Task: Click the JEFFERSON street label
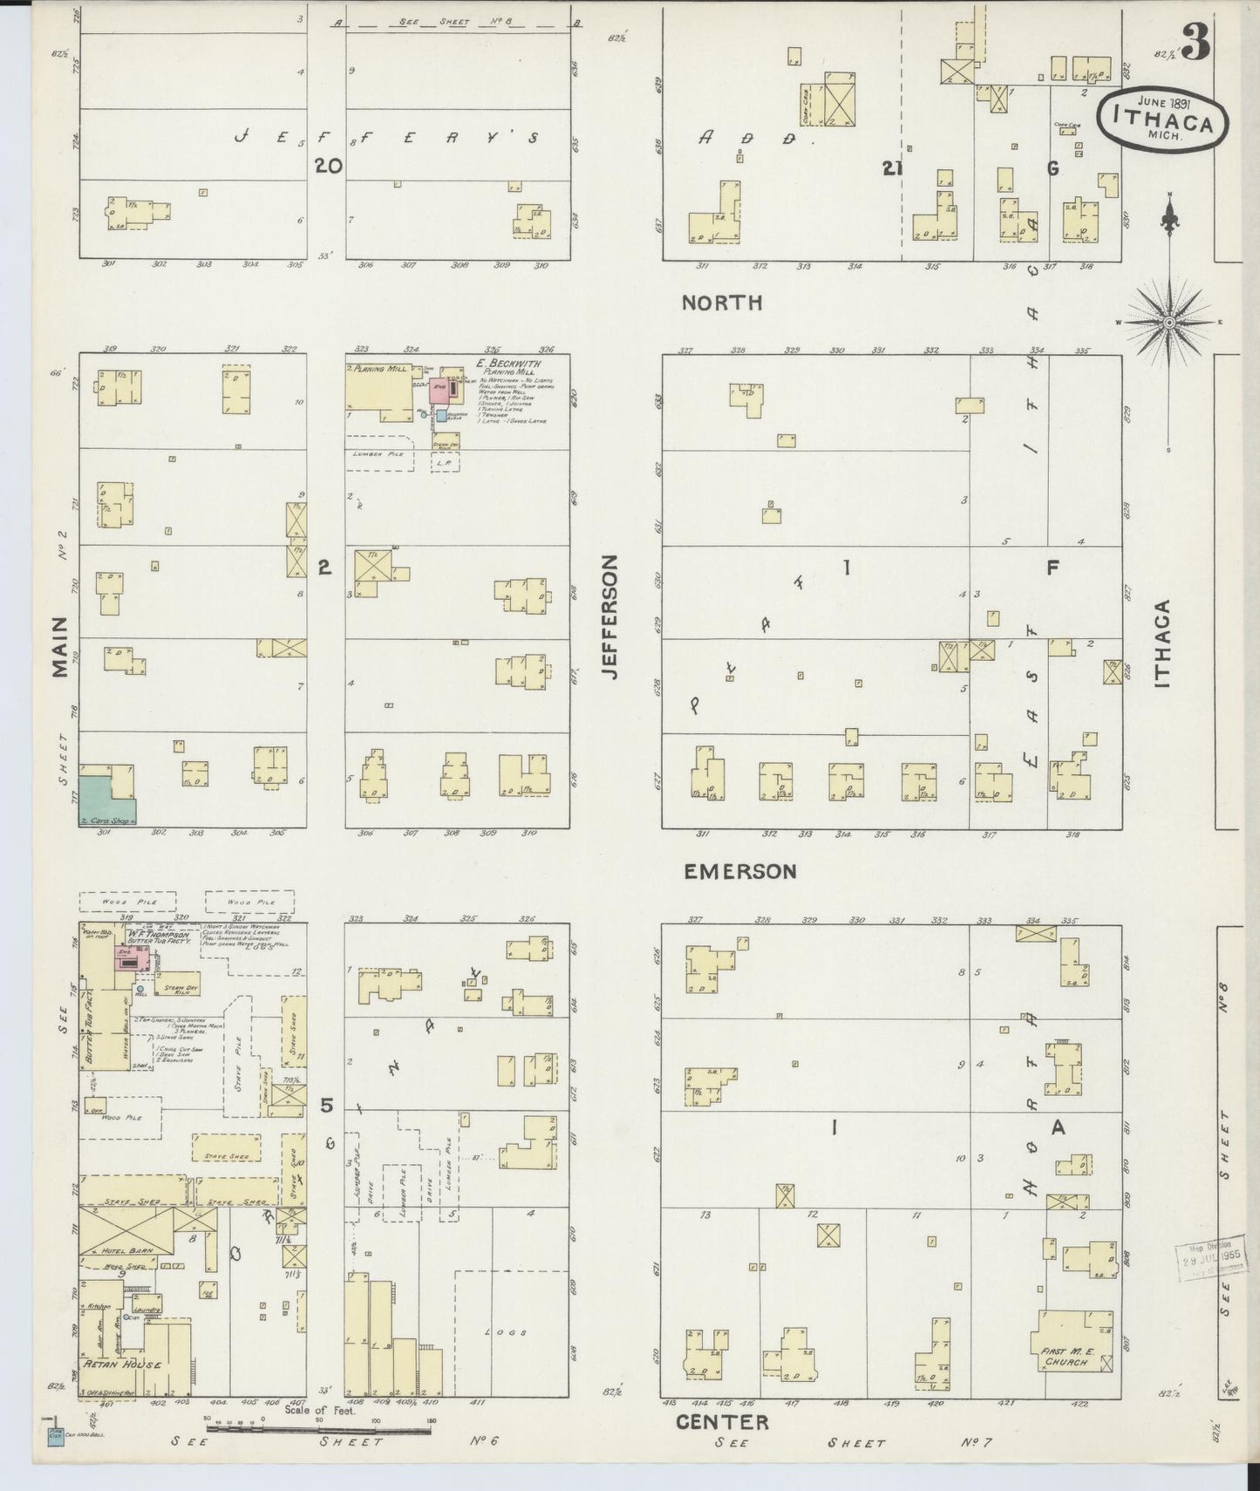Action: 610,617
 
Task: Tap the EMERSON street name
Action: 739,871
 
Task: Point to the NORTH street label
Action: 722,303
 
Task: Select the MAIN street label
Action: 59,646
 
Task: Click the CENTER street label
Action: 722,1423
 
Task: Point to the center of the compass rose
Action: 1169,322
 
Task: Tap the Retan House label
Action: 122,1388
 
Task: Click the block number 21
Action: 891,169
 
